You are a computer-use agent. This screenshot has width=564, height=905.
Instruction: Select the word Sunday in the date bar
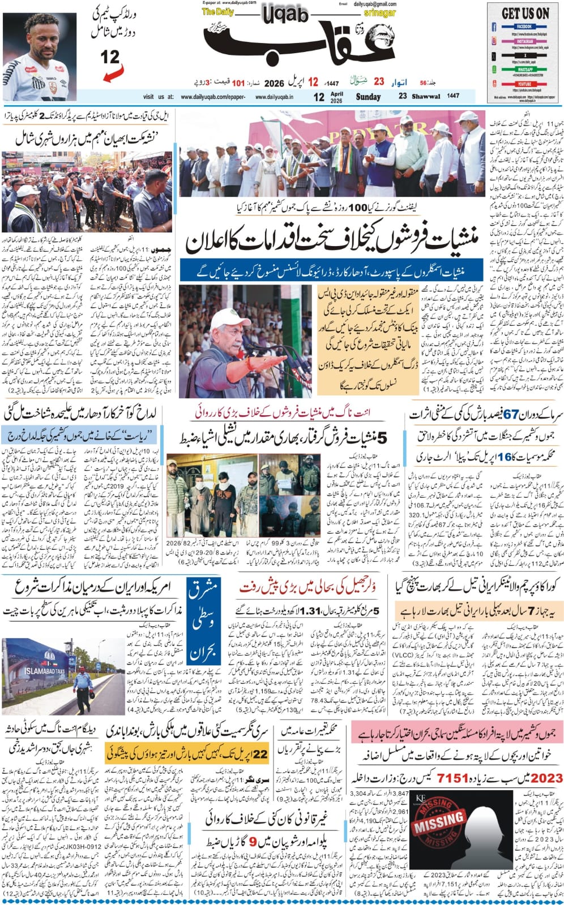(368, 97)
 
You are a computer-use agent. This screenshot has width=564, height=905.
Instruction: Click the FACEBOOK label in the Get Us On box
(524, 27)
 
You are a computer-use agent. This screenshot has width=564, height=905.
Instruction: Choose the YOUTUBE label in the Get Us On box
(524, 84)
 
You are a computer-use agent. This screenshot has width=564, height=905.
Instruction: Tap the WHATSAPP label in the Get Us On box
(524, 69)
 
